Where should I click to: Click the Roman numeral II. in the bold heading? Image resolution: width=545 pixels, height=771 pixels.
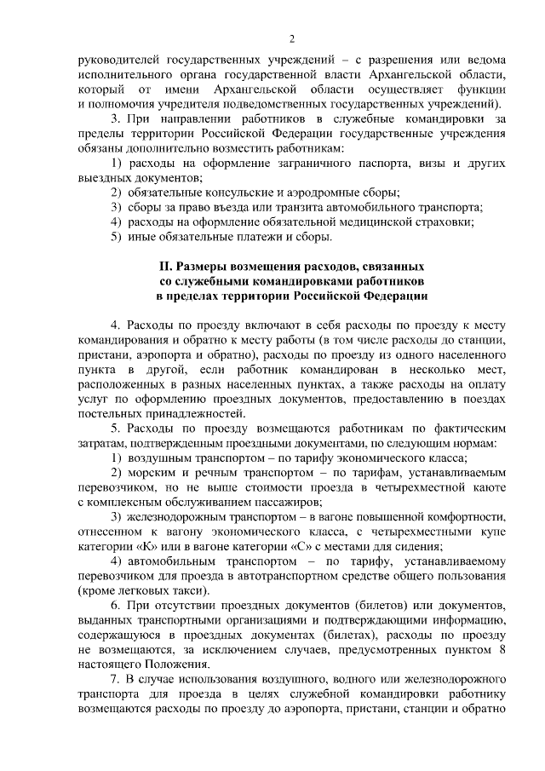click(168, 267)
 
